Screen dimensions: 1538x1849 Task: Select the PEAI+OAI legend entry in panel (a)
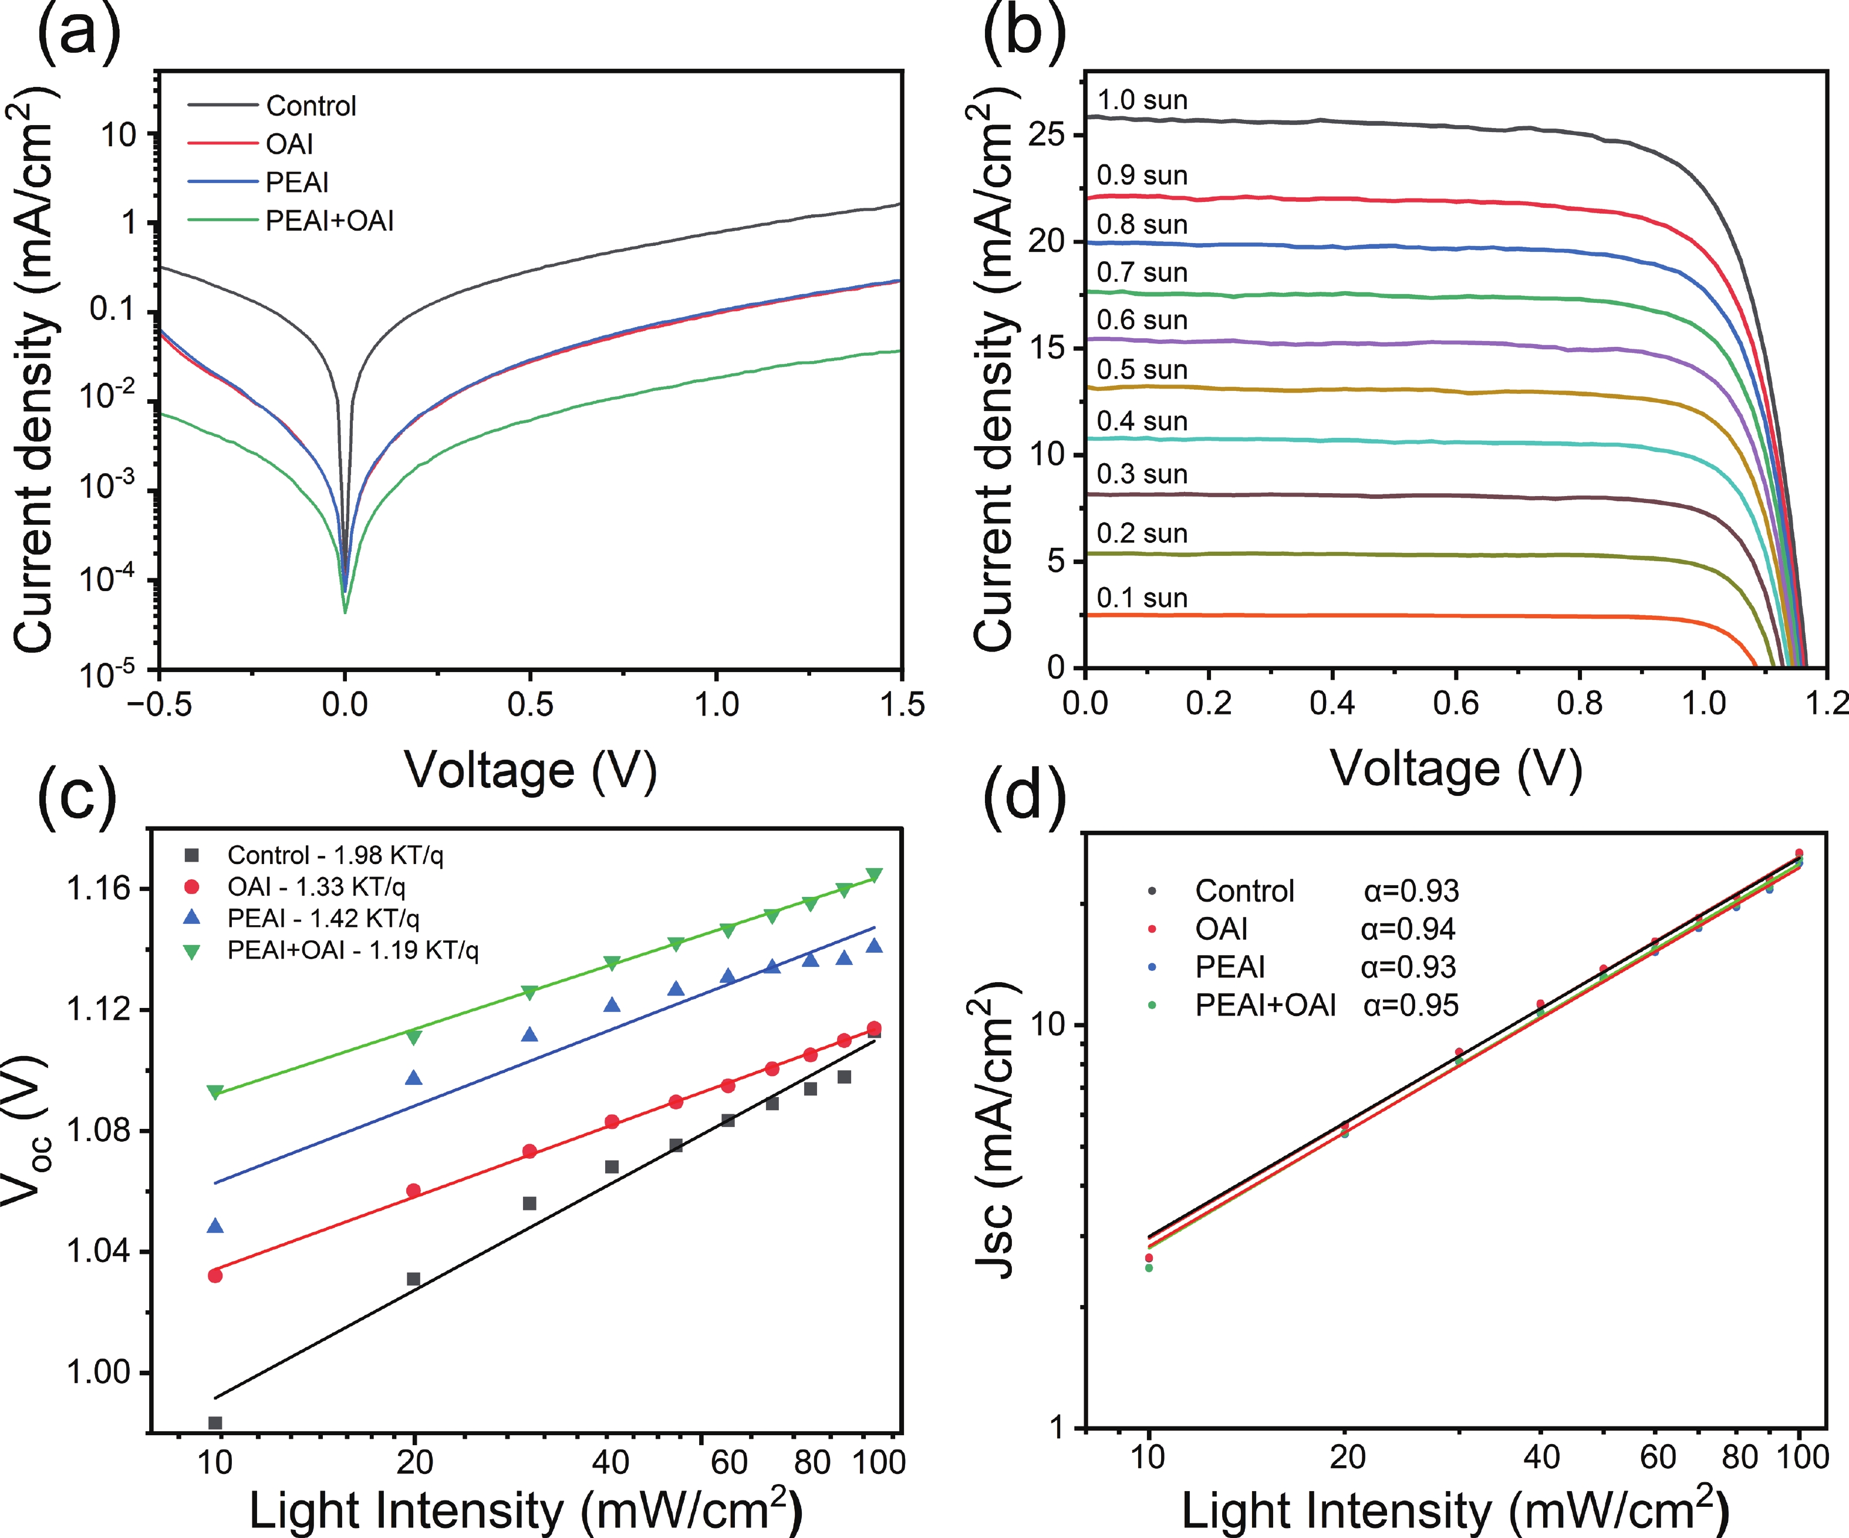point(329,220)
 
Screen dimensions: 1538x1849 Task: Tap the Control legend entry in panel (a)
point(311,106)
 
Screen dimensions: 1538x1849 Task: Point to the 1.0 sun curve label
point(1142,100)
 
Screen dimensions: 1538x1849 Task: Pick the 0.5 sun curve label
point(1142,370)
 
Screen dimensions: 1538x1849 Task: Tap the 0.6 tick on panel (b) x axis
point(1456,703)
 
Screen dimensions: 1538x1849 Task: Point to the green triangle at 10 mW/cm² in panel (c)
point(215,1092)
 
